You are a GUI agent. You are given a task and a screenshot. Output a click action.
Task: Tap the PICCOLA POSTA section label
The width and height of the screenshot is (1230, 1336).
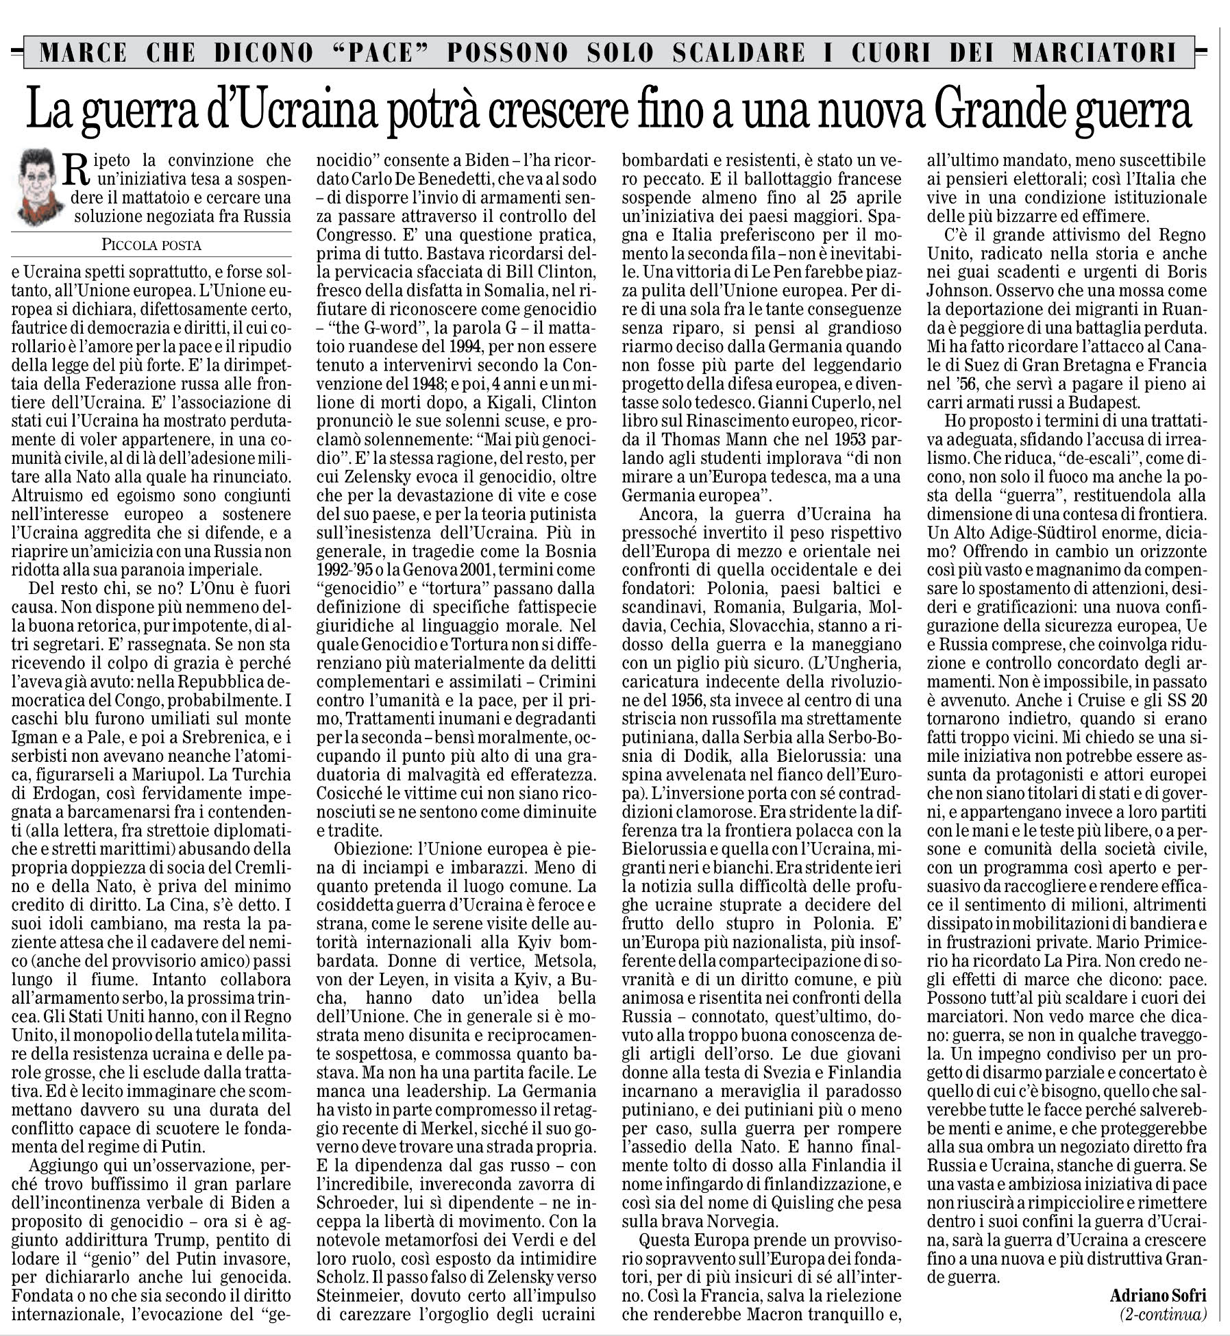point(151,244)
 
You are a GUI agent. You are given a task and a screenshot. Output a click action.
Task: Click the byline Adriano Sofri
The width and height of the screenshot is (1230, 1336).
point(1159,1295)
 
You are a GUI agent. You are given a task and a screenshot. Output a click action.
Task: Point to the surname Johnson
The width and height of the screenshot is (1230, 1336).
point(959,271)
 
